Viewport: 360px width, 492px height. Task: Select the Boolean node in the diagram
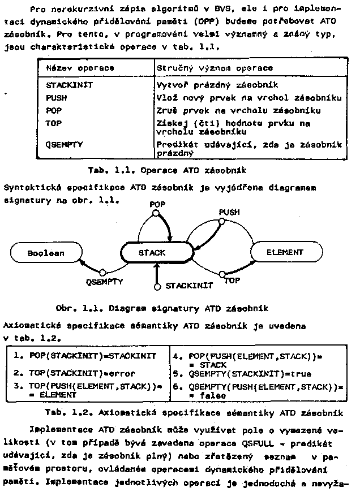tap(46, 253)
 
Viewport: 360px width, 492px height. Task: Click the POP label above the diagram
tap(158, 203)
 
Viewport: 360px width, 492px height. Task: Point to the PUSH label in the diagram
tap(229, 212)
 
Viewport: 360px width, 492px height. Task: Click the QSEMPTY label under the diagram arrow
tap(105, 280)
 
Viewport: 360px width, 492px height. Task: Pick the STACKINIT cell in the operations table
tap(69, 85)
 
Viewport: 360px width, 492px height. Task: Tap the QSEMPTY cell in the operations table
tap(64, 144)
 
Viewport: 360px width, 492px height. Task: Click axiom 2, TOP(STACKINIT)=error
tap(85, 373)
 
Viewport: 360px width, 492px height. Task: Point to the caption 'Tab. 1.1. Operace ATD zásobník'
tap(166, 170)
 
